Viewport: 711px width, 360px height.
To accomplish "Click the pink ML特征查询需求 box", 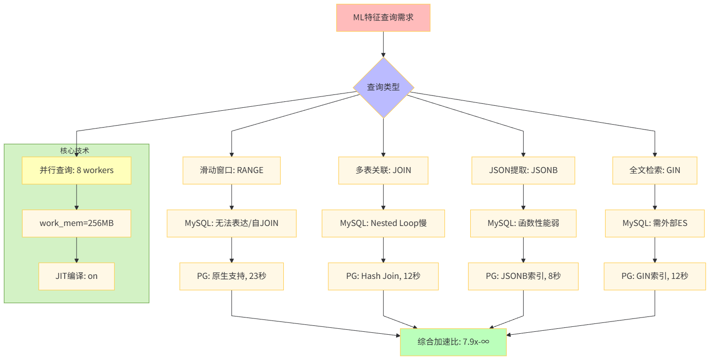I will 383,18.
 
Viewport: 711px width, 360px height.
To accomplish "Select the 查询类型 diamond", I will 383,88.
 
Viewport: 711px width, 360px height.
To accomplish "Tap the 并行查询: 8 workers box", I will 77,171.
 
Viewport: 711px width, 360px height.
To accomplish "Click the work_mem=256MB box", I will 77,224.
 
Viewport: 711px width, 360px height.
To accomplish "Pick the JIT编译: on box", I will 77,276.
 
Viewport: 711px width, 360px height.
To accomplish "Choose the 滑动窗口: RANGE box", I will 231,171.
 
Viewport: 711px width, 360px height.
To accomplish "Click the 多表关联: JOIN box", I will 383,171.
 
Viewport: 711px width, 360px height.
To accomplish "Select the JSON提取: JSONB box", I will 523,171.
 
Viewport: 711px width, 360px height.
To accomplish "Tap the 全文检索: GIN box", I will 655,171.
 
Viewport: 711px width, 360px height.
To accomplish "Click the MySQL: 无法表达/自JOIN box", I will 231,224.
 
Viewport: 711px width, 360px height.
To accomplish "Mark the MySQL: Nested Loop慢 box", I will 383,224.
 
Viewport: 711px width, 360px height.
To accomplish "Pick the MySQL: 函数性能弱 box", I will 523,224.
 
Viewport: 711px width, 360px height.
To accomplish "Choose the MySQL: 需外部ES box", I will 655,224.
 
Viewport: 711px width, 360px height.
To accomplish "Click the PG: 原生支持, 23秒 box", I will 231,276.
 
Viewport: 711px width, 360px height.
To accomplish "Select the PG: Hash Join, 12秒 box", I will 383,276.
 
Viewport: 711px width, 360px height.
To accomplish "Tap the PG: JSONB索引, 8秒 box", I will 523,276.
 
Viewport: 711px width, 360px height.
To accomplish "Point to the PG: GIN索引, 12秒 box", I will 655,276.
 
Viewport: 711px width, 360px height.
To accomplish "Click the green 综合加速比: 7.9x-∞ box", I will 453,342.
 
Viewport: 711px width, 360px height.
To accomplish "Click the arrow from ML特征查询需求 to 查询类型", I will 383,45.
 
